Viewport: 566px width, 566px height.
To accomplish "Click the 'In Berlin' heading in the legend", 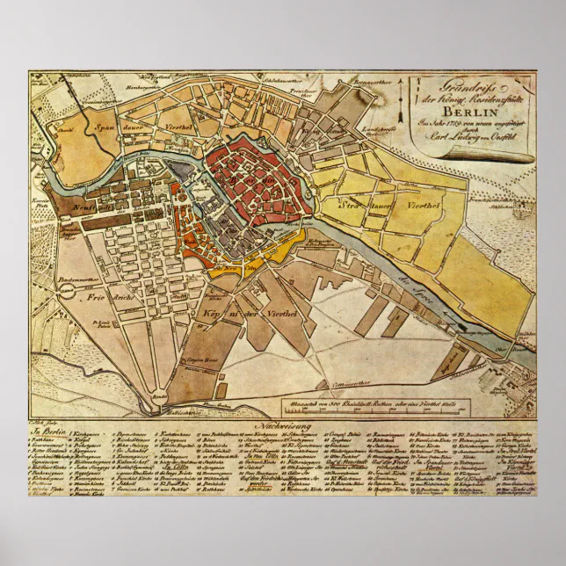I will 48,432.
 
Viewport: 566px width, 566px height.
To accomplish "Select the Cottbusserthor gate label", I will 350,384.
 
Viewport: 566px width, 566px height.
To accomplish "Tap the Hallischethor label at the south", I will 182,410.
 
